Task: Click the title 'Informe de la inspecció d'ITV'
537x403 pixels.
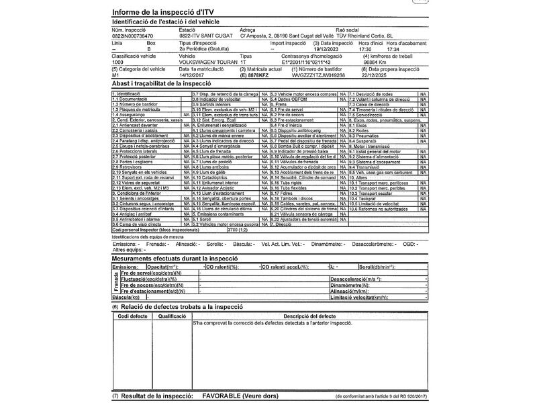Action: click(167, 13)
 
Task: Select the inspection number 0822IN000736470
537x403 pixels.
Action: click(133, 36)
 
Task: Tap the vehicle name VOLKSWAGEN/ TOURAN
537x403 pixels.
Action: click(204, 62)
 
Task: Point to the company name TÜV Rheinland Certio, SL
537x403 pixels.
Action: click(365, 36)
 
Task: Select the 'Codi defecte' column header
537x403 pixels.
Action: click(132, 316)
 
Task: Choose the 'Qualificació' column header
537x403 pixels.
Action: click(173, 316)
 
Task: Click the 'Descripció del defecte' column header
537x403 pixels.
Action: click(309, 316)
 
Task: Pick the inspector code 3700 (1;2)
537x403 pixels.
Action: click(238, 230)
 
